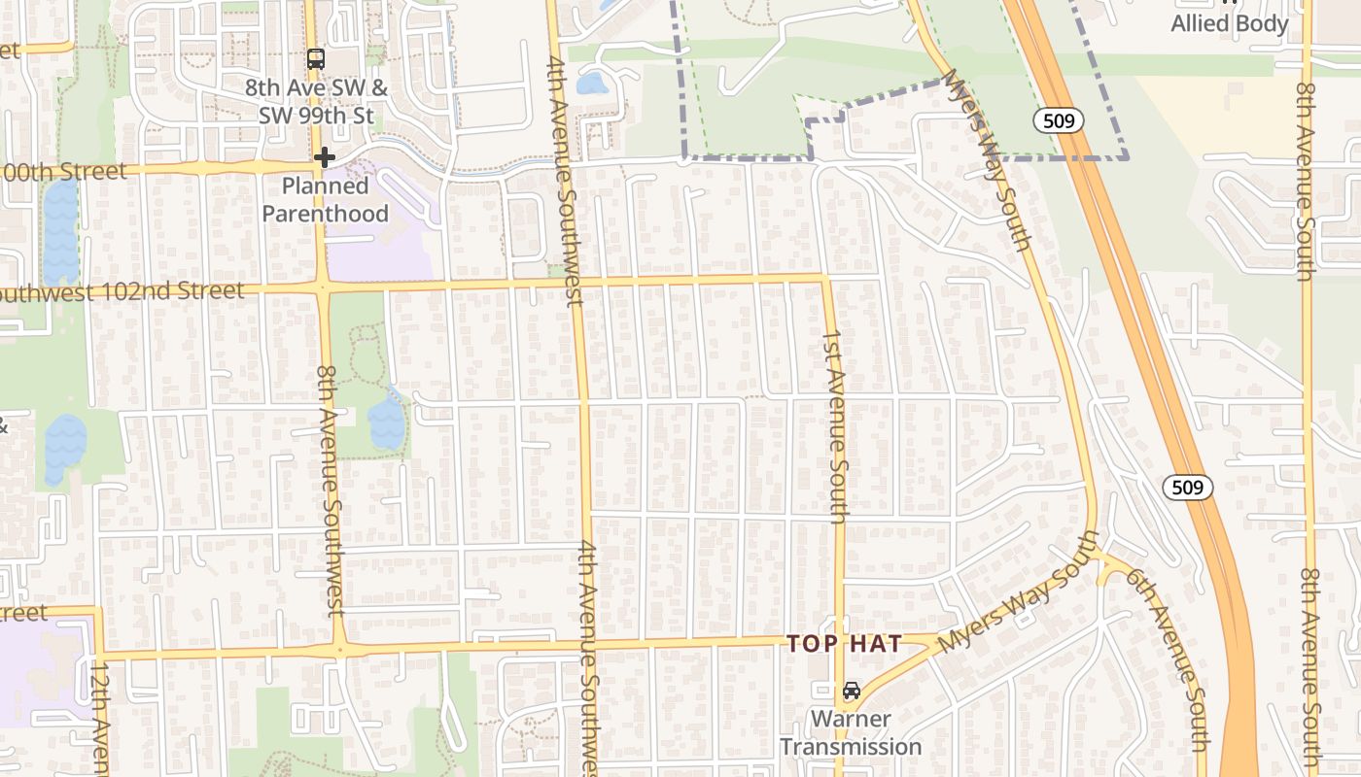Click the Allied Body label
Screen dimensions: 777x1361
tap(1229, 23)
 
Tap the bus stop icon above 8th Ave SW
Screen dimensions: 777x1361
tap(316, 58)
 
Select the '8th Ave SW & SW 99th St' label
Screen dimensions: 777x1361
tap(316, 101)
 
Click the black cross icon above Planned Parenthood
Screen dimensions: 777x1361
tap(325, 157)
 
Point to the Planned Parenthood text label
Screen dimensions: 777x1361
tap(326, 199)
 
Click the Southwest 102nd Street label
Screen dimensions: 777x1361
tap(122, 291)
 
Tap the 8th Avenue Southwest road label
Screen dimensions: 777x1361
tap(331, 490)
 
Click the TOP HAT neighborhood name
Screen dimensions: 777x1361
tap(844, 643)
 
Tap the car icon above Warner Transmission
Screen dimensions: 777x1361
tap(851, 691)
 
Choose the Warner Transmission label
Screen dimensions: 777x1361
tap(851, 733)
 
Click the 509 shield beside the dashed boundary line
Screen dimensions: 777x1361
tap(1058, 120)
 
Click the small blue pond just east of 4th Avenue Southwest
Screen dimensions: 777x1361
tap(591, 84)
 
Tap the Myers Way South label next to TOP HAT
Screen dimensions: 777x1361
tap(1016, 607)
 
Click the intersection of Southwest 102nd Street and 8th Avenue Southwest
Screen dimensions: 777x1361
tap(323, 287)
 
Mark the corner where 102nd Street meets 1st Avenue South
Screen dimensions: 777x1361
tap(824, 280)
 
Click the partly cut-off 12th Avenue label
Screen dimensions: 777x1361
tap(100, 719)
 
